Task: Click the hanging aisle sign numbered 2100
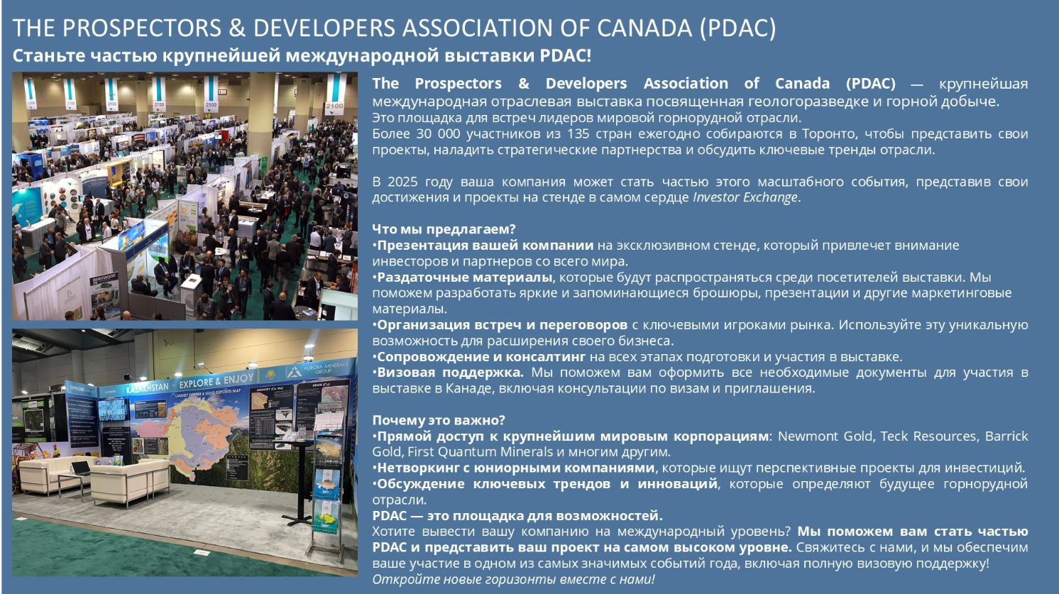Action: pyautogui.click(x=335, y=94)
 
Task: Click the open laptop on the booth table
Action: pyautogui.click(x=80, y=468)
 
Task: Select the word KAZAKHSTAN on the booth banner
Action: pyautogui.click(x=148, y=388)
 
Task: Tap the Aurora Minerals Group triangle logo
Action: pyautogui.click(x=294, y=371)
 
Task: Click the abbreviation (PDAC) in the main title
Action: pyautogui.click(x=737, y=28)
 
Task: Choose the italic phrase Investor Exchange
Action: pyautogui.click(x=745, y=197)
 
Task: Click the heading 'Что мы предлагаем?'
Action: pyautogui.click(x=444, y=229)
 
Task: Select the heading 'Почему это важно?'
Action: pyautogui.click(x=438, y=420)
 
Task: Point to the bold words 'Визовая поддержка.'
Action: pyautogui.click(x=450, y=373)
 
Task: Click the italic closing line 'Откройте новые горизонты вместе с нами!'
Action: pyautogui.click(x=513, y=579)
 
